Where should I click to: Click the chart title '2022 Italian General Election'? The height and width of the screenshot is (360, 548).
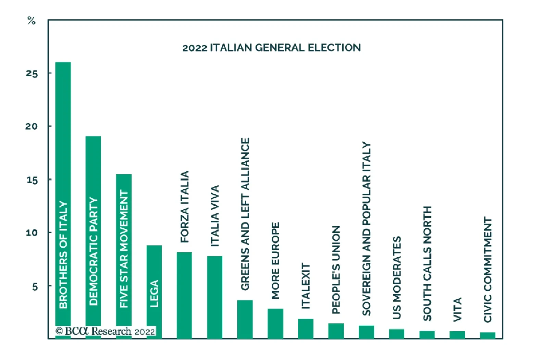271,47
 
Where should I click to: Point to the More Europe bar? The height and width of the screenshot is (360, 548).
275,323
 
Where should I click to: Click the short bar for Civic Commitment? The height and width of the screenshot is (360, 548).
487,335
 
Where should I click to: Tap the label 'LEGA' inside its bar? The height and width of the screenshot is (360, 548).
154,294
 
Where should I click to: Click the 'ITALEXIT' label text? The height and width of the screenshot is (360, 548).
306,286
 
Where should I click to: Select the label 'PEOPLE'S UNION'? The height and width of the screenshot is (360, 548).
336,270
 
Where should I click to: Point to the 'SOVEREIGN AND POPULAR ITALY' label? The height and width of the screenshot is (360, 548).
366,229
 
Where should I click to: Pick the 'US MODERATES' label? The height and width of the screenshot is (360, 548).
397,278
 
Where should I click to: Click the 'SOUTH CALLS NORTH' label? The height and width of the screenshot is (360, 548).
427,263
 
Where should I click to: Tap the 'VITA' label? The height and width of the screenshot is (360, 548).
457,310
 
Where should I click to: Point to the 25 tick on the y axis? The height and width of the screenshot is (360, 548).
32,73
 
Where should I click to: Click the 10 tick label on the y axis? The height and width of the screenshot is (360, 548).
32,233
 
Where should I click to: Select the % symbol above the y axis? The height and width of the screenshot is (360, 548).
31,21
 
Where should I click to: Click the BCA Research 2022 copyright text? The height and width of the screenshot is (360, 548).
105,331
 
